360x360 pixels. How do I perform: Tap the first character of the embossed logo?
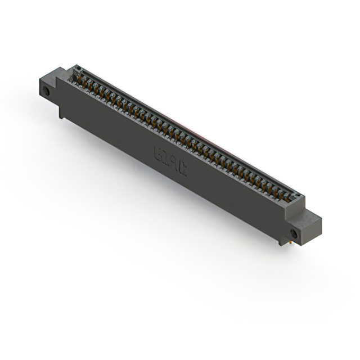click(x=158, y=150)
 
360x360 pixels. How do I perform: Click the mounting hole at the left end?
click(x=47, y=91)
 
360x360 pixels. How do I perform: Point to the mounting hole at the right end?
click(x=294, y=233)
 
